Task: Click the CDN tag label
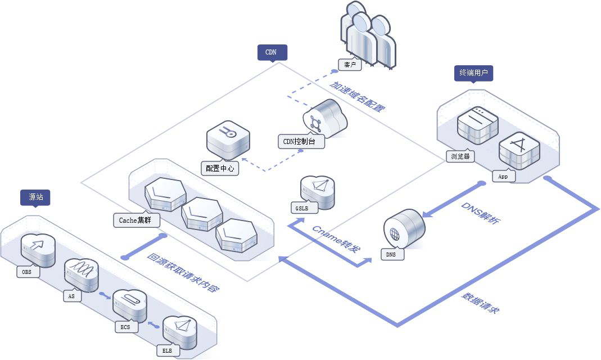272,53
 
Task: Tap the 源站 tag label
35,197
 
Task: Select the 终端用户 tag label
473,73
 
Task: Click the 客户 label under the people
350,65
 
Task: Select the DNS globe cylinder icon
404,228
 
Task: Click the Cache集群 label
135,220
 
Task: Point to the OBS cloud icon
38,249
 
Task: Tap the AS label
71,296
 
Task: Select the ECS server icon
130,304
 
